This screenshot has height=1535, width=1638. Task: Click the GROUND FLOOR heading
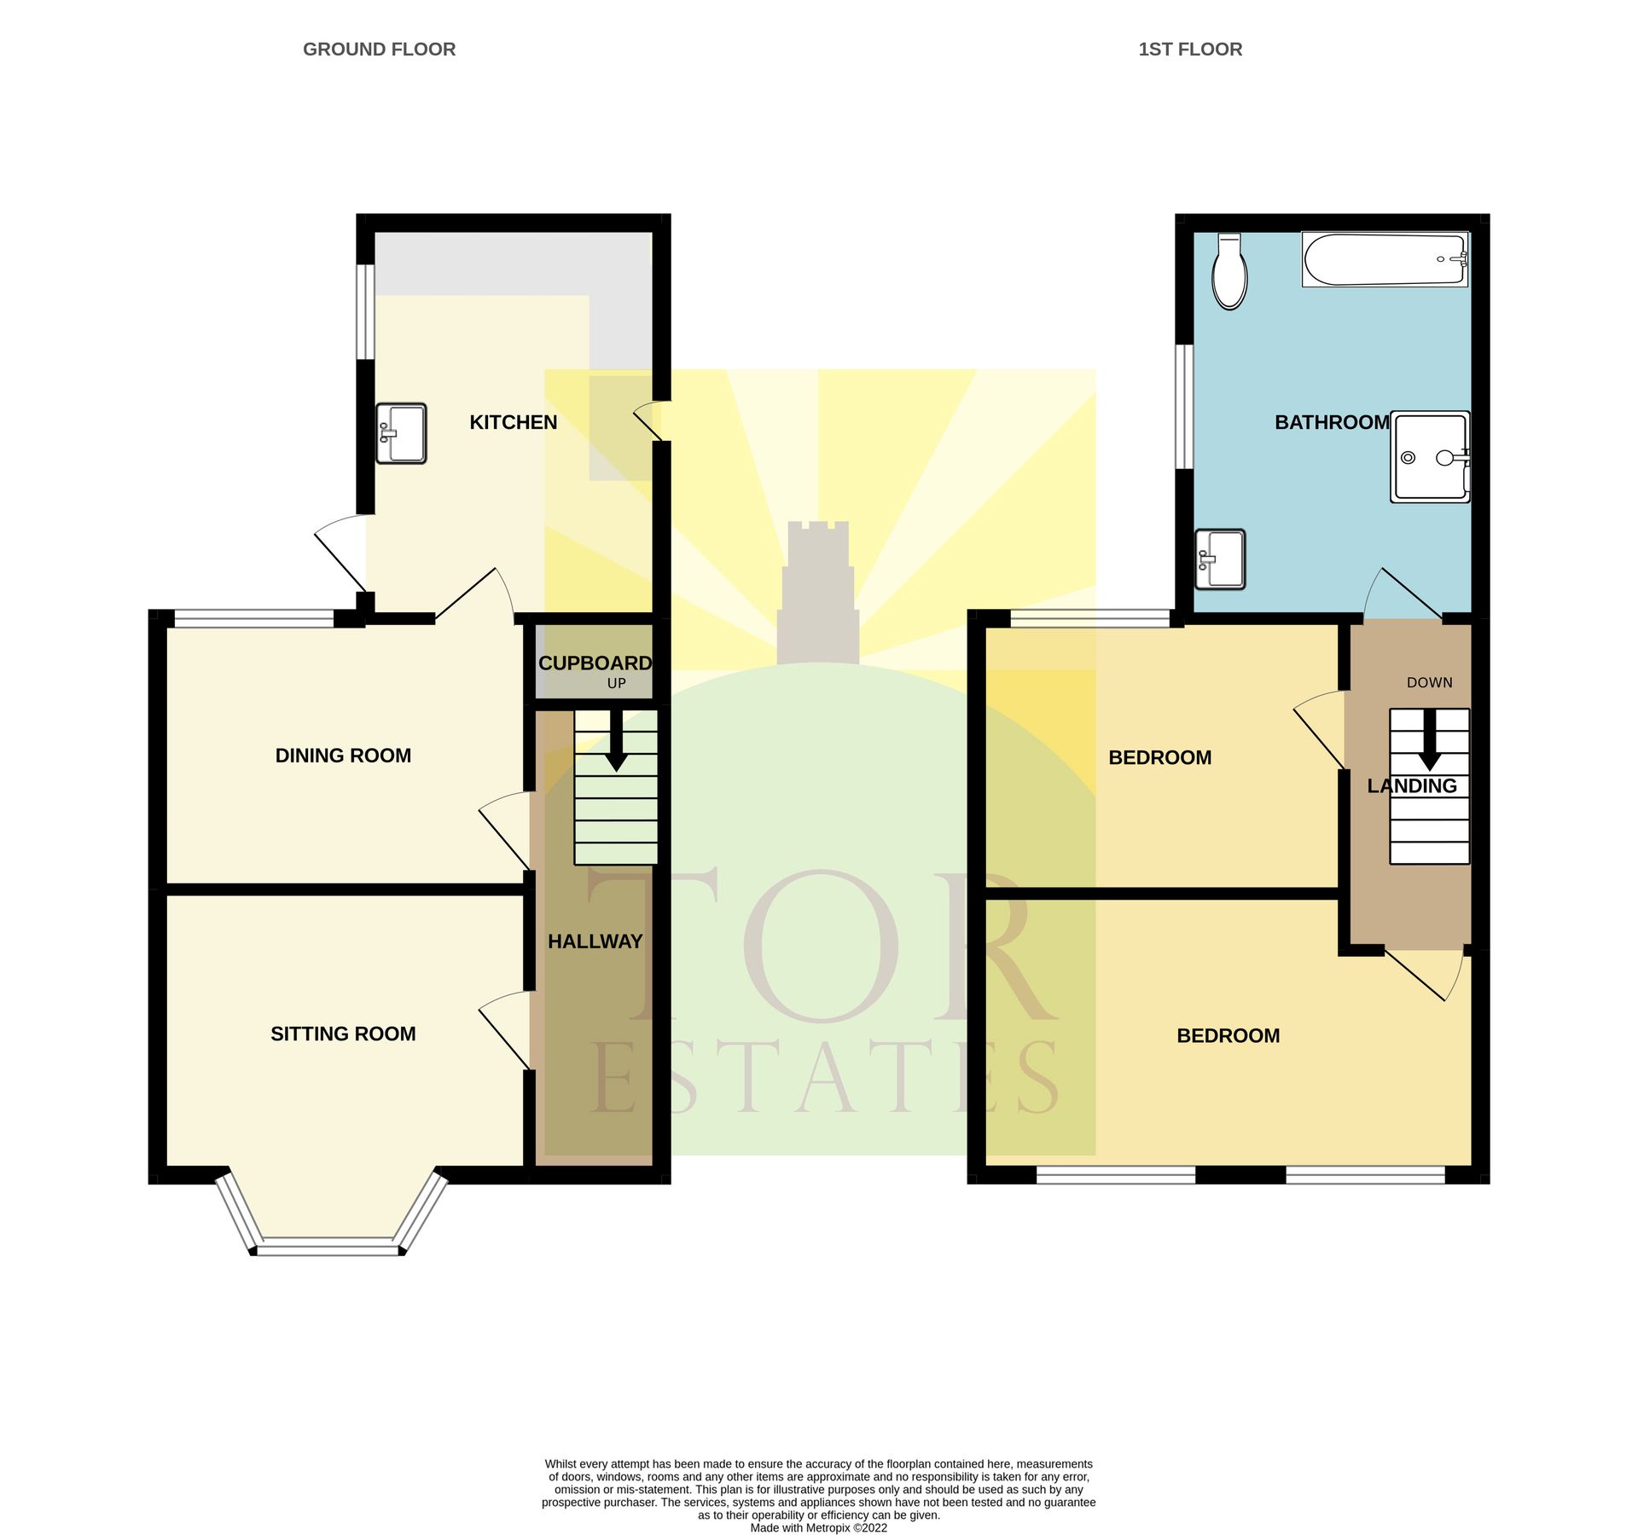click(379, 49)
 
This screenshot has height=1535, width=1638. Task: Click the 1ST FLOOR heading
click(1189, 49)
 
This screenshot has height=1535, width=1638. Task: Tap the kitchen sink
click(401, 433)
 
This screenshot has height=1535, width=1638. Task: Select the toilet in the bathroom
click(1229, 273)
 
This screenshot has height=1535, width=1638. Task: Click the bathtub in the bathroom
click(1384, 259)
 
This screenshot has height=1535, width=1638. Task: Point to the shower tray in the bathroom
click(1429, 457)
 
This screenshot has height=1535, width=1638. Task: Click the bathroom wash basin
click(1220, 559)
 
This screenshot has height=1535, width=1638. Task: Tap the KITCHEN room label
click(513, 422)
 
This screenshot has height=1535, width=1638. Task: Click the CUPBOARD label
click(595, 663)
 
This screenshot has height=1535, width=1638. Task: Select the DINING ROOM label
click(343, 756)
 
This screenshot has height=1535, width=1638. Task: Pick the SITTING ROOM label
click(343, 1034)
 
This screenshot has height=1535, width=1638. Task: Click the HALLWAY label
click(595, 941)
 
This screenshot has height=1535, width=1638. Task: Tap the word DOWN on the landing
click(1429, 682)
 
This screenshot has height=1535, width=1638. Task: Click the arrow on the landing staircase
click(1429, 742)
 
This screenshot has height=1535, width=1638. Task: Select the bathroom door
click(1403, 593)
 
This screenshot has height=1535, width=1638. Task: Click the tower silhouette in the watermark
click(817, 597)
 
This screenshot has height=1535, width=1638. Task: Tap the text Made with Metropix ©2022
click(818, 1527)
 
